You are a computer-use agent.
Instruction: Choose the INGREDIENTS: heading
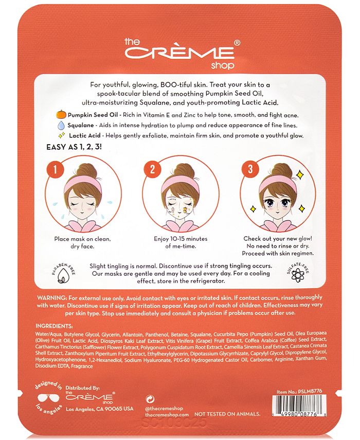tap(54, 326)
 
